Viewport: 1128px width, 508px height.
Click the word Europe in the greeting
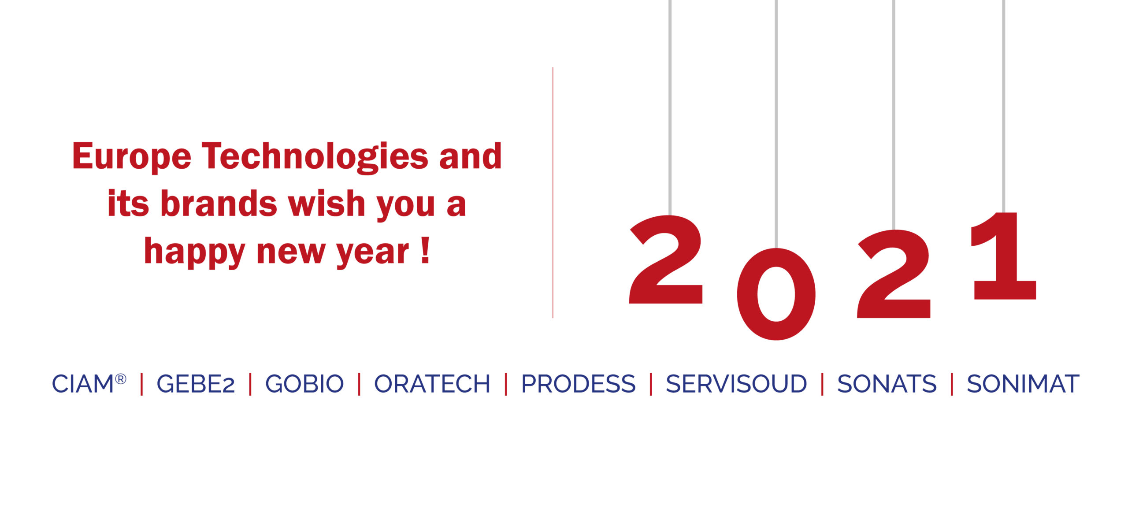(132, 157)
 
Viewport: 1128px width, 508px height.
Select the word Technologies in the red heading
(315, 157)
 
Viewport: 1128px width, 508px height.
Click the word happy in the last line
(194, 252)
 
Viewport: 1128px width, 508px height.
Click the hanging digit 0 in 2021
(776, 294)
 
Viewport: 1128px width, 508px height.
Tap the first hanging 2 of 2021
(666, 259)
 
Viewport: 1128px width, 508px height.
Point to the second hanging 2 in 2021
(894, 274)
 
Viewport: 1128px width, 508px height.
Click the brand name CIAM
(83, 384)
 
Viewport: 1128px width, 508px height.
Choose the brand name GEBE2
(196, 384)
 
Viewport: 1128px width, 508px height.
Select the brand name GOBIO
(304, 384)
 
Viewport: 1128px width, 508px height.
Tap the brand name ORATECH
(432, 384)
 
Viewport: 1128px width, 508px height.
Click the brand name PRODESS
(579, 384)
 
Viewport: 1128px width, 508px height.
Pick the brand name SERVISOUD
(736, 384)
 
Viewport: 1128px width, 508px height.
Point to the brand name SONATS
(887, 384)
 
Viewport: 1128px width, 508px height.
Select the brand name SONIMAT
(1023, 384)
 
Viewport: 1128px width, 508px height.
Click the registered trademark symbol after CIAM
(121, 379)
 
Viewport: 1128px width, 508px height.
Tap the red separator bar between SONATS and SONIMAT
(952, 384)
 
